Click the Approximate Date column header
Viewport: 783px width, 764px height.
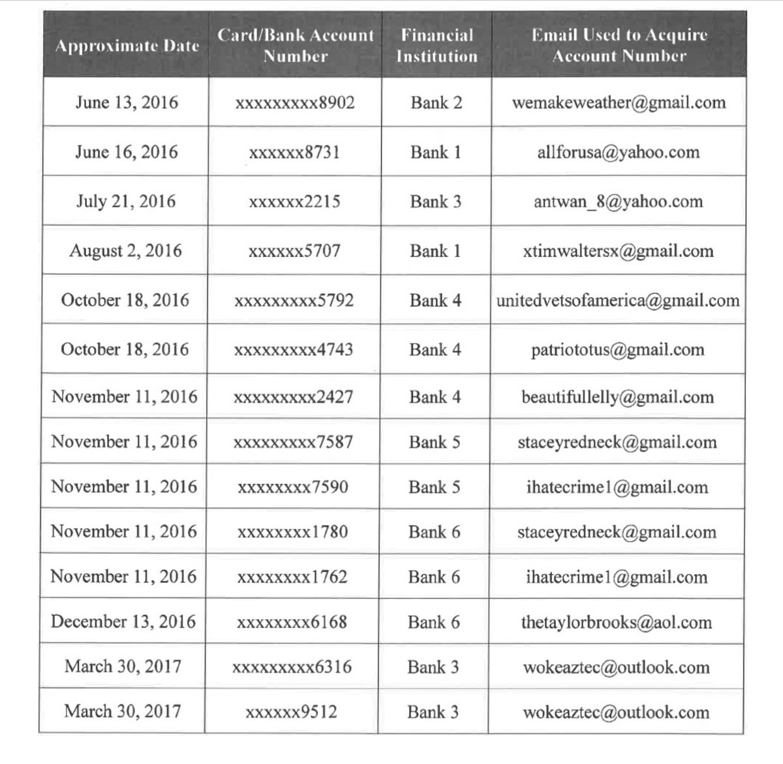[127, 46]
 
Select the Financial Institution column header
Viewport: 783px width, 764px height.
[437, 46]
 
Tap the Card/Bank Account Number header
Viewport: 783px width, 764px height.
[296, 46]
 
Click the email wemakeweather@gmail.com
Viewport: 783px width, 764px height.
[619, 103]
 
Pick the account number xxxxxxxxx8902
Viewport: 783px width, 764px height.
[295, 103]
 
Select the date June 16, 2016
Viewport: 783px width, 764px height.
[127, 152]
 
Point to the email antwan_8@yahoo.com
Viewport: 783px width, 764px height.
[618, 201]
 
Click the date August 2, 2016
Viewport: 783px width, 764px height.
[126, 251]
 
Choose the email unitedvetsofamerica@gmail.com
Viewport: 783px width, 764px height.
[618, 300]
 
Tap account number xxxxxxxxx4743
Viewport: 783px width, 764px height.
[294, 349]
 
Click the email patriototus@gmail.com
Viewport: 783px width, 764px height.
[617, 349]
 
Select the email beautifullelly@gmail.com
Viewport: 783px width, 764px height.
[617, 397]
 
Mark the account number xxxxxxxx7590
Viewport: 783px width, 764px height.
[293, 487]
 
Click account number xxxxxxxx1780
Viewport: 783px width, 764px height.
[293, 532]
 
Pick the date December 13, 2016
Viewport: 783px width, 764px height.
[123, 621]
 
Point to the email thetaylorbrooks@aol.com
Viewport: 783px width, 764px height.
[616, 622]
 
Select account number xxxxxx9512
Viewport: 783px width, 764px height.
[291, 712]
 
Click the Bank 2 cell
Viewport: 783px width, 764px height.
[437, 103]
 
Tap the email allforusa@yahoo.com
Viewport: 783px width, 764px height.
[619, 152]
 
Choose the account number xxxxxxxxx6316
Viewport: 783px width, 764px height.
[292, 667]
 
